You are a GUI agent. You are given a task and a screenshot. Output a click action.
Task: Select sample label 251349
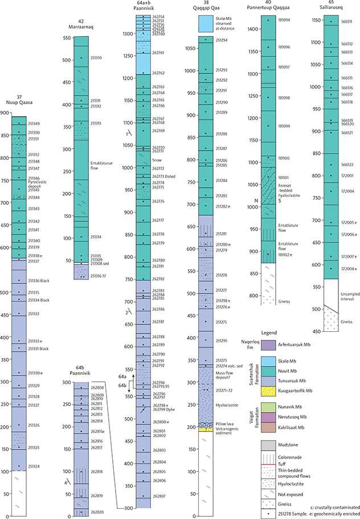[34, 123]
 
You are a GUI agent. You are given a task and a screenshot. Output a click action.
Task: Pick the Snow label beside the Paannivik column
[157, 160]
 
